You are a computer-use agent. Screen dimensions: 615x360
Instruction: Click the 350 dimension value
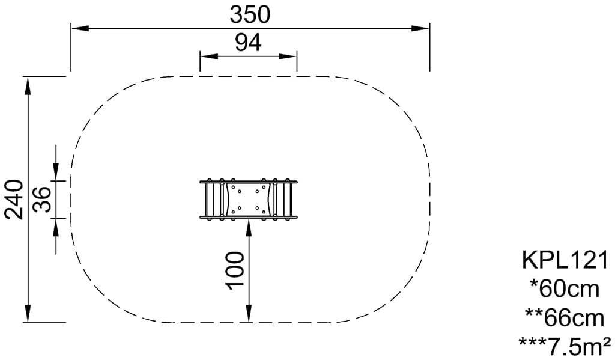pos(250,15)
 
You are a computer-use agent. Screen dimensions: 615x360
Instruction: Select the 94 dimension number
pos(248,43)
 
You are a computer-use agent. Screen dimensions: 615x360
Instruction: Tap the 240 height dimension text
pos(14,199)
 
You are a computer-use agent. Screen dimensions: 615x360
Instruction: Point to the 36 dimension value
pos(42,200)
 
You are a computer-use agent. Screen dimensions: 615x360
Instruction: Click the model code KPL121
pos(565,260)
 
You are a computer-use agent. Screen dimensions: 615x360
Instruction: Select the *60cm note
pos(565,290)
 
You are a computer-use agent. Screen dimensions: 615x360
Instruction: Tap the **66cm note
pos(565,319)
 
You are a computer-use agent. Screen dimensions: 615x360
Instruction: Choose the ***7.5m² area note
pos(565,346)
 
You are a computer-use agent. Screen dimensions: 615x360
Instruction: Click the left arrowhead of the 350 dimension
pos(80,28)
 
